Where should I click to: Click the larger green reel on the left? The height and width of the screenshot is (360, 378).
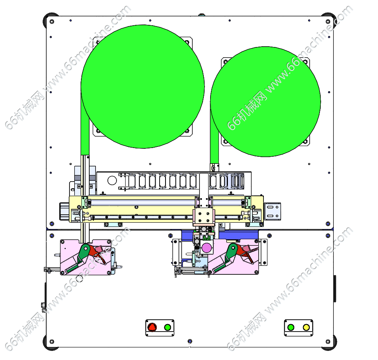click(143, 86)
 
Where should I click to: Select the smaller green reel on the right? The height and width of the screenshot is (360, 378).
click(265, 102)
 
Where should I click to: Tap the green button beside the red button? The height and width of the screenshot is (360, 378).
click(167, 327)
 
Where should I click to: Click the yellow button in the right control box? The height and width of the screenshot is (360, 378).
click(306, 327)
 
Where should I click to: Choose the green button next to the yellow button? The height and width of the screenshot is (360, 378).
click(291, 327)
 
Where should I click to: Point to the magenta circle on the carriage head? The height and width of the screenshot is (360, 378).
click(207, 247)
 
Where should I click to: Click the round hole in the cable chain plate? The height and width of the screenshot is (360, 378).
click(112, 180)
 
